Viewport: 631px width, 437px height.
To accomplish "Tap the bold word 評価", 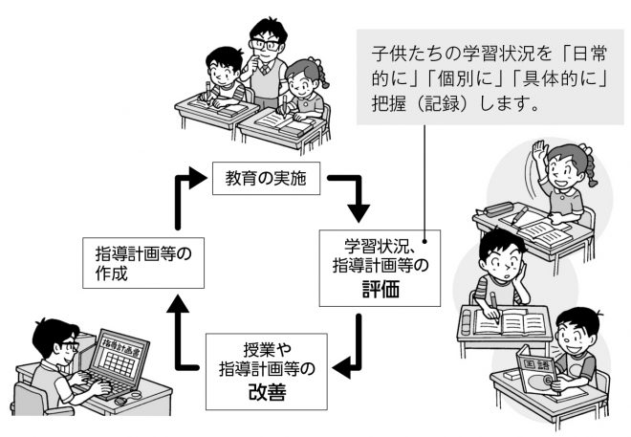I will pos(380,288).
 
